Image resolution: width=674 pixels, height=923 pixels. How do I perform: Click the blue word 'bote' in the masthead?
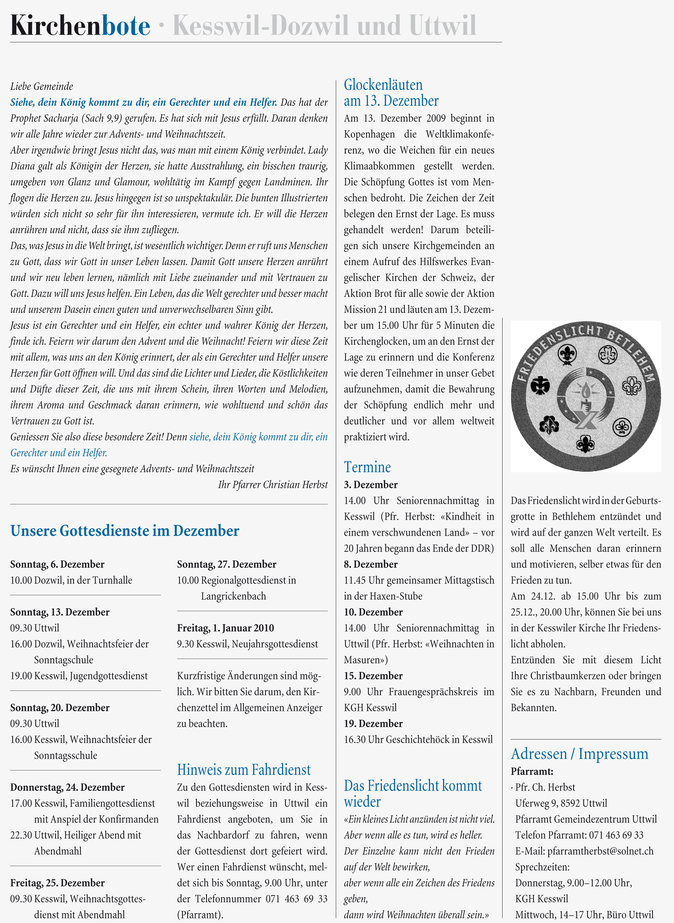[126, 26]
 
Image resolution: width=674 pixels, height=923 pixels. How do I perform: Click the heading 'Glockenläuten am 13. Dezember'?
[391, 93]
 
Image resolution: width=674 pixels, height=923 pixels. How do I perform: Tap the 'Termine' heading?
[367, 467]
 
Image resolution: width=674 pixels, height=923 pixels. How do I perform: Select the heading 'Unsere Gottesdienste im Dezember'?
[125, 531]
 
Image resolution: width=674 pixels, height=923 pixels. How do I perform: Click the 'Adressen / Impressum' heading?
[579, 754]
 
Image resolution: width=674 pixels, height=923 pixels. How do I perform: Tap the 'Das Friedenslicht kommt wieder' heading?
[412, 794]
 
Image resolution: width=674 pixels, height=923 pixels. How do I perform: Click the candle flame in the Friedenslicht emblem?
[586, 390]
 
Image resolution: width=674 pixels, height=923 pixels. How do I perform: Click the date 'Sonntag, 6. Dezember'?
[57, 564]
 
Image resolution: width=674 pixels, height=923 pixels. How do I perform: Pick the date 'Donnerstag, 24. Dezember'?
[67, 787]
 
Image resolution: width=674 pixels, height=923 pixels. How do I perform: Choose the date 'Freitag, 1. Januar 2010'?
[225, 628]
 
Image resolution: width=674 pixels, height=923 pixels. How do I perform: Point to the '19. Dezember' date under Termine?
[373, 723]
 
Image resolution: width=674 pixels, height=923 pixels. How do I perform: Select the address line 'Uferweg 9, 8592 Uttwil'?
[561, 803]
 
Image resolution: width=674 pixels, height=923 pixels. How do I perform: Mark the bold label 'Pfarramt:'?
[532, 771]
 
